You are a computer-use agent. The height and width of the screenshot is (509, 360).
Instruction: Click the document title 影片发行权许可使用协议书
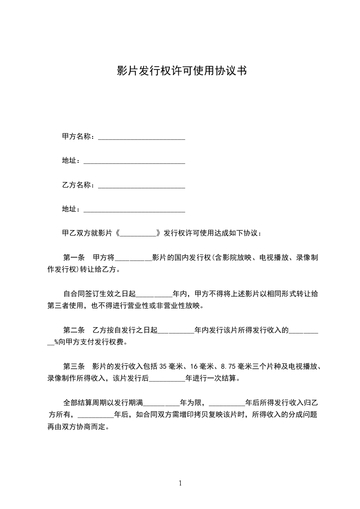[182, 71]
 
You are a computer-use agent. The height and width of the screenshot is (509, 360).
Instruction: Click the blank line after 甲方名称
[142, 137]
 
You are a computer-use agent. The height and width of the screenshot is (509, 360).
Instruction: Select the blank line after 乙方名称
[142, 185]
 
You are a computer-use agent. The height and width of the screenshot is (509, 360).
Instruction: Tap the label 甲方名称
[78, 136]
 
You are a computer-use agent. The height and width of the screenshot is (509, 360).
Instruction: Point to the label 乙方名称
[78, 185]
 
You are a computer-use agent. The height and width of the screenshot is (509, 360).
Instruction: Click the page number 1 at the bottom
[180, 483]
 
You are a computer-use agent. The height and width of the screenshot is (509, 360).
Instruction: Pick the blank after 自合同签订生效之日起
[154, 294]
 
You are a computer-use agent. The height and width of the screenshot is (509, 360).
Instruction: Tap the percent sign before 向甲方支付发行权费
[57, 342]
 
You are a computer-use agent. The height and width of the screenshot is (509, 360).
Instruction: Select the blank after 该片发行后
[167, 378]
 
